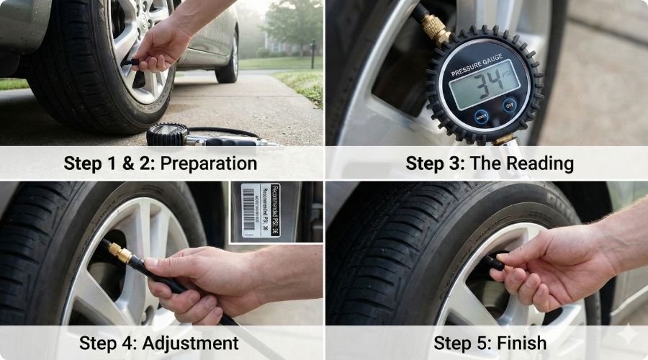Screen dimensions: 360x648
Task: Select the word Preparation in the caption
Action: click(208, 163)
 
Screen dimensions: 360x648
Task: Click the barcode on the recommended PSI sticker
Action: click(248, 209)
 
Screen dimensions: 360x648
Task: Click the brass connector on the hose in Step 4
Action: click(119, 252)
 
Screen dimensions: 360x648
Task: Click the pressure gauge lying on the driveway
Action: click(167, 135)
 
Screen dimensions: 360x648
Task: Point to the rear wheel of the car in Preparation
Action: click(228, 60)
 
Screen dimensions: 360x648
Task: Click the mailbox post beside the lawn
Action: click(312, 54)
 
